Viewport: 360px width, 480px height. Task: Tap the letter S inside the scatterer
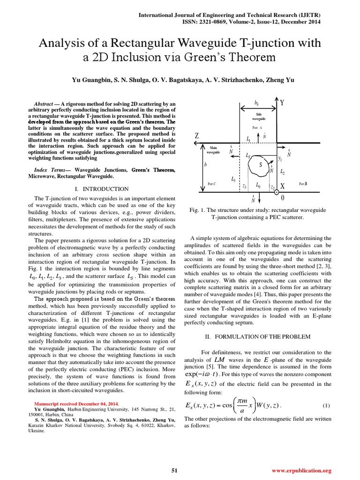pyautogui.click(x=261, y=164)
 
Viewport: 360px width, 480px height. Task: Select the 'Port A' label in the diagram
pyautogui.click(x=257, y=127)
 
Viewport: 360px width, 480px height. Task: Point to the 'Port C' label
pyautogui.click(x=211, y=184)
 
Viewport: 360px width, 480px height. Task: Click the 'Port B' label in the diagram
pyautogui.click(x=303, y=184)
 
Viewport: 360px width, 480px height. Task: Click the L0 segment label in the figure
pyautogui.click(x=258, y=185)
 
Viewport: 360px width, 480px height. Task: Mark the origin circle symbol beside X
pyautogui.click(x=277, y=192)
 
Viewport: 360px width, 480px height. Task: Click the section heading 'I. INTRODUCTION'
pyautogui.click(x=102, y=189)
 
